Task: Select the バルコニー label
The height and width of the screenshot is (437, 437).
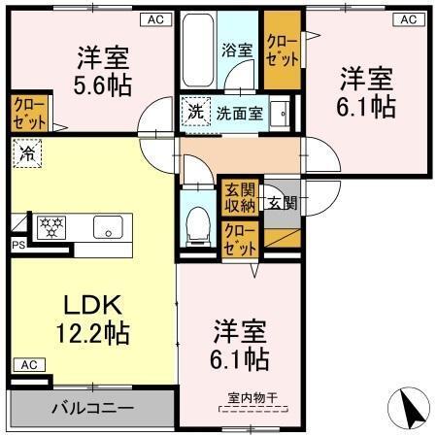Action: pos(92,407)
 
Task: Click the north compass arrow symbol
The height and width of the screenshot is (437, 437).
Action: pos(410,406)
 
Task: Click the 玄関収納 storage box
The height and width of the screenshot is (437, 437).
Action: pos(240,197)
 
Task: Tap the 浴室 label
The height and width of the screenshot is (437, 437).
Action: pos(238,49)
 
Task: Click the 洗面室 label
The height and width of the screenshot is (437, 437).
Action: pos(239,111)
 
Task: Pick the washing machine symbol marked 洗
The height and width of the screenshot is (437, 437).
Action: pos(194,111)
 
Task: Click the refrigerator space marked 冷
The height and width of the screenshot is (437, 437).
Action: pos(27,152)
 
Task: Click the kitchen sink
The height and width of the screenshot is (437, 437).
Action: pos(104,228)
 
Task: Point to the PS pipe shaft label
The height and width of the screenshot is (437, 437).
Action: pos(17,246)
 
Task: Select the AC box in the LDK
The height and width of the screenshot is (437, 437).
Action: pos(28,365)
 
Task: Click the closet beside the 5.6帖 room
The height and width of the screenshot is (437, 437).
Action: pos(26,114)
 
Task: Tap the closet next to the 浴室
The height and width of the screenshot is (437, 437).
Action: pos(282,50)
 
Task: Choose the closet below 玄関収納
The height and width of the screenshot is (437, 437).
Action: pos(240,238)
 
